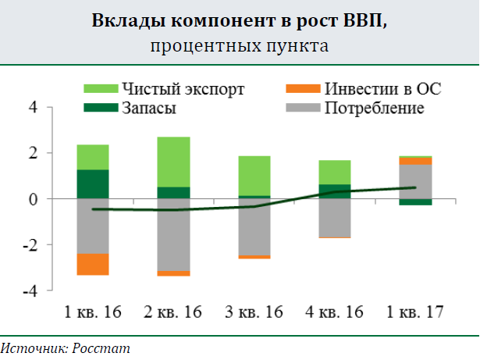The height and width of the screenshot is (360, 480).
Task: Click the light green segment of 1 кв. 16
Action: [92, 157]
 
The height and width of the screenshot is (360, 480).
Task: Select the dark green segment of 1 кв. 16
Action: [92, 184]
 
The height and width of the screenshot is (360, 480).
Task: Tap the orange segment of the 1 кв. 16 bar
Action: [92, 264]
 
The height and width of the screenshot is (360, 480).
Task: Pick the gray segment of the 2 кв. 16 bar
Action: [173, 234]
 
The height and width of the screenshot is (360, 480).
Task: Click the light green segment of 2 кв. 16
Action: [173, 162]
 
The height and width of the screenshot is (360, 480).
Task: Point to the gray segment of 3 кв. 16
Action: [254, 226]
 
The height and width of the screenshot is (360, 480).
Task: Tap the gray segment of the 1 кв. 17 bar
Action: [416, 181]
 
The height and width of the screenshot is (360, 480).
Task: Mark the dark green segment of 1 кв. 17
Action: [416, 202]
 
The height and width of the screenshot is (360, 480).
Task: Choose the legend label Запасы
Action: [148, 108]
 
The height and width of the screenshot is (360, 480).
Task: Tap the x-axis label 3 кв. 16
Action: [254, 312]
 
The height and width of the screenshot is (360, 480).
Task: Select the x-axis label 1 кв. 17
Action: [416, 312]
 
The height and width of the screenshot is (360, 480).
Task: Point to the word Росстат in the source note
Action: [102, 348]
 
